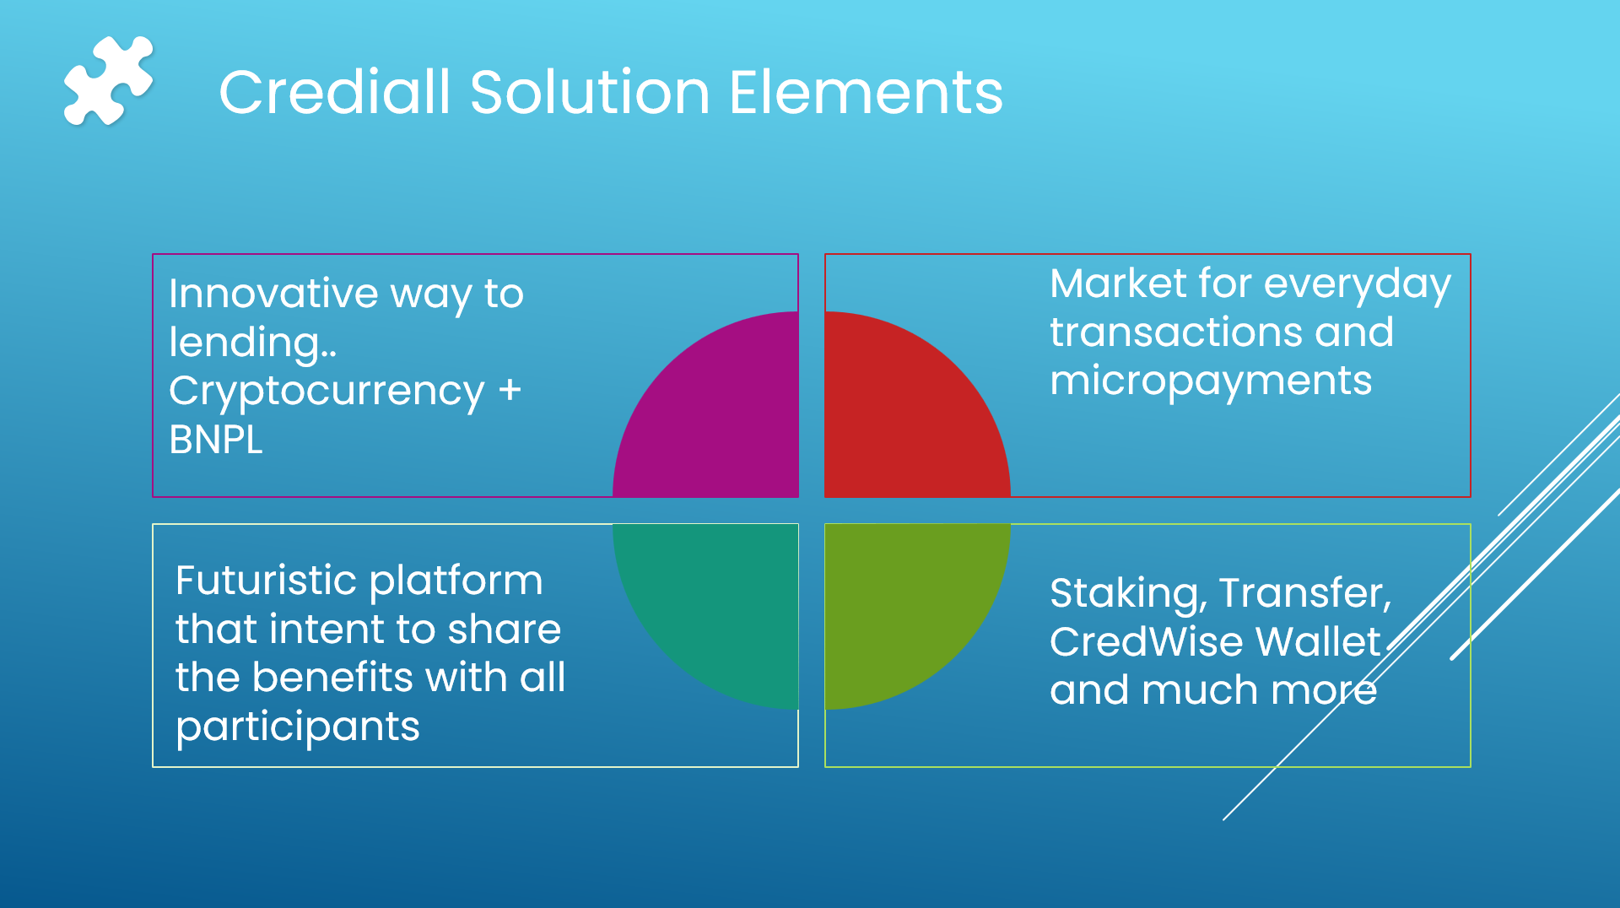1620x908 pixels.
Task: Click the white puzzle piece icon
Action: (x=108, y=82)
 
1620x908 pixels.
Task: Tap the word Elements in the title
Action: (x=866, y=92)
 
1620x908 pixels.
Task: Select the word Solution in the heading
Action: (x=590, y=92)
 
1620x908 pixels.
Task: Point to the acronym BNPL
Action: (x=216, y=440)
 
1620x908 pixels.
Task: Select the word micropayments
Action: (x=1210, y=381)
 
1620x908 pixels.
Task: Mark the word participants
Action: (x=297, y=727)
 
